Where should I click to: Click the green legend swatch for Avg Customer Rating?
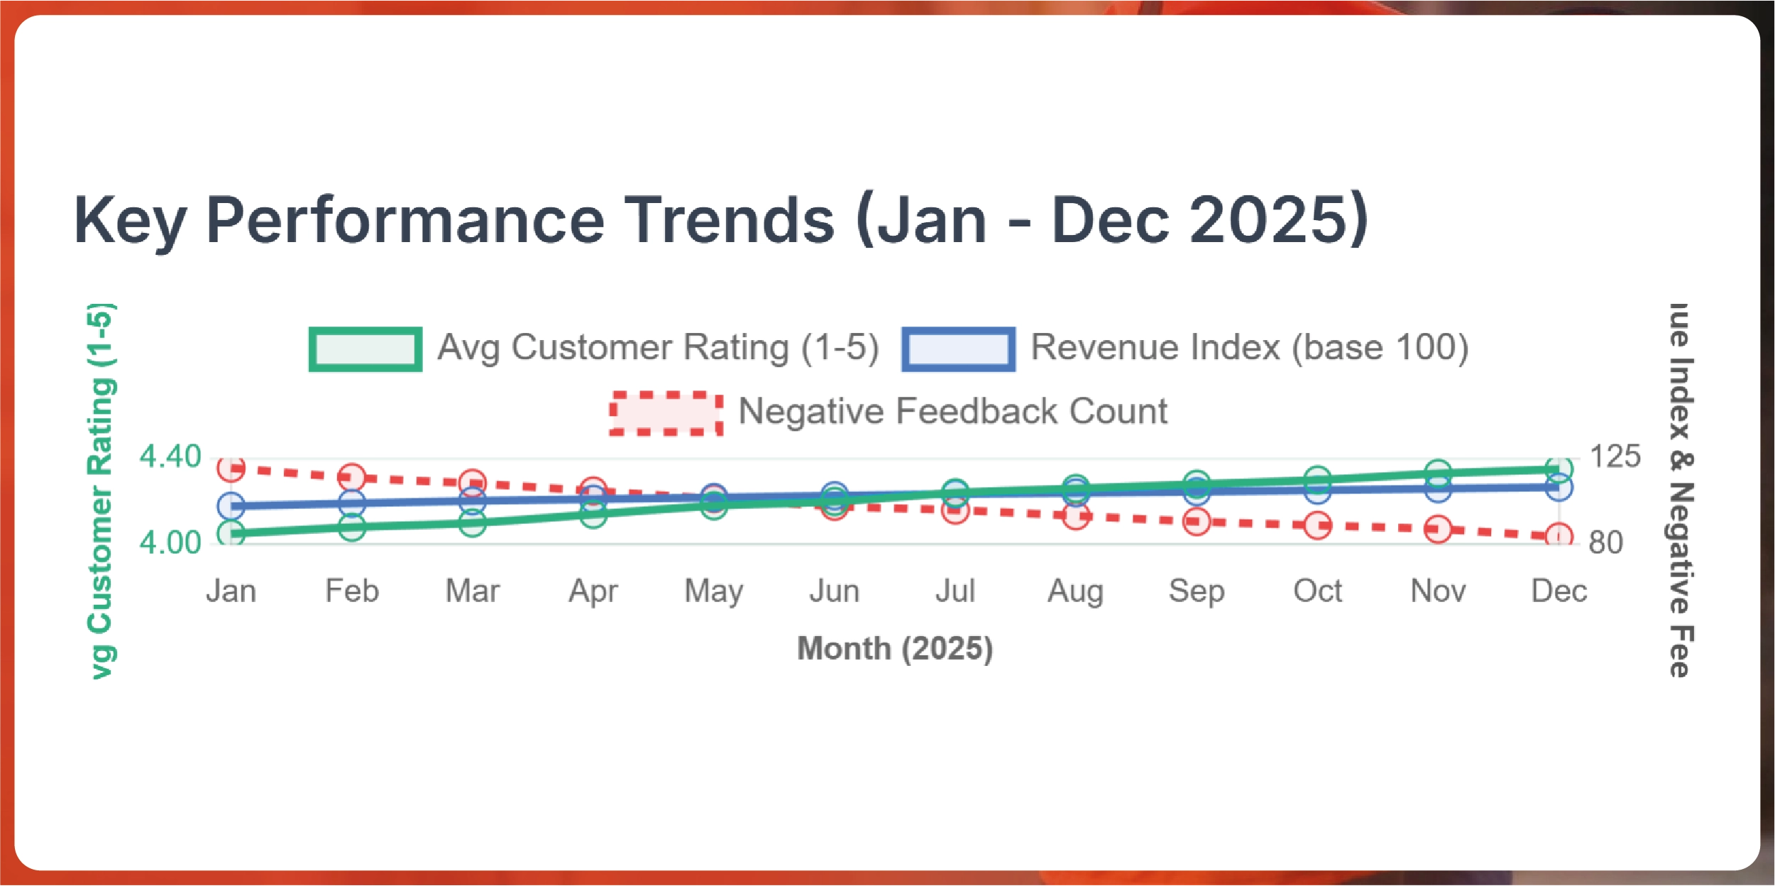coord(366,349)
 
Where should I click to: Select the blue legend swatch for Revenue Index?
coord(958,349)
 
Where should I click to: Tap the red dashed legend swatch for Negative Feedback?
coord(666,412)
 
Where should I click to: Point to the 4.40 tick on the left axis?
coord(170,456)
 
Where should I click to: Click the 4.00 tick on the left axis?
coord(170,542)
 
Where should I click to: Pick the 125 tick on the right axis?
coord(1615,456)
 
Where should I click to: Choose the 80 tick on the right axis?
coord(1605,542)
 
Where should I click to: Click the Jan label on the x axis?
coord(231,591)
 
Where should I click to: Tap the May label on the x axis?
coord(713,591)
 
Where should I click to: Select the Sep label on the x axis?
coord(1197,591)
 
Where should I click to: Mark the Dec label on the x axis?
coord(1559,591)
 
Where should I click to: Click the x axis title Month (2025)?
coord(895,648)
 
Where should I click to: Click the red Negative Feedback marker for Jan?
coord(231,469)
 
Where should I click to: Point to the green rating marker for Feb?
coord(352,527)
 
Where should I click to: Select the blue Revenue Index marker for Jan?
coord(231,506)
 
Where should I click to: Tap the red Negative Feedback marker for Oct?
coord(1317,526)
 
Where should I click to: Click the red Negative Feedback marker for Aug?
coord(1076,516)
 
